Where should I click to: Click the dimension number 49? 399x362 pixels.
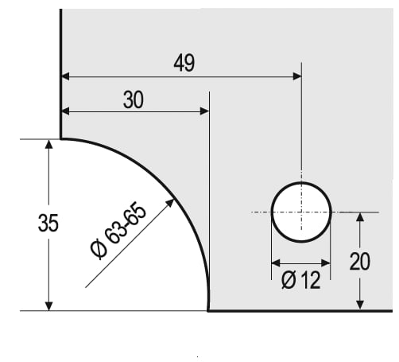(184, 63)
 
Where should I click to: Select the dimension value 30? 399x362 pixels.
(134, 99)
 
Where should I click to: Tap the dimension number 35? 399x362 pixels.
(48, 223)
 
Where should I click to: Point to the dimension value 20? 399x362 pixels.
(359, 261)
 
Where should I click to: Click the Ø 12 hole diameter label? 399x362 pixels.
(300, 280)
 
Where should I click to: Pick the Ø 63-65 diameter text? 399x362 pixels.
(118, 231)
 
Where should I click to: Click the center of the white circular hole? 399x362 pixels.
(301, 212)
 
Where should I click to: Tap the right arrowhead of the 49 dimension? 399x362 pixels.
(297, 76)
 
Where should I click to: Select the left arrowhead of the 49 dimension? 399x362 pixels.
(65, 76)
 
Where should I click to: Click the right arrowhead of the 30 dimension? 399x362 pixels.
(205, 111)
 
